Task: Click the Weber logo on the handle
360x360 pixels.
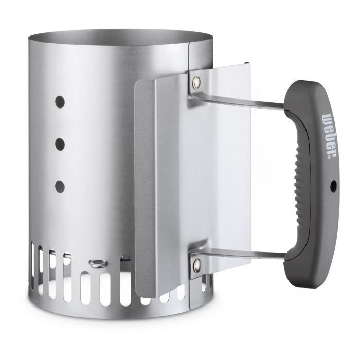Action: (330, 135)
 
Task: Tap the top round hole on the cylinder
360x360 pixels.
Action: (60, 102)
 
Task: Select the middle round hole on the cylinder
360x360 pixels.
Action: (60, 144)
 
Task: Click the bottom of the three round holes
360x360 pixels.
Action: (60, 186)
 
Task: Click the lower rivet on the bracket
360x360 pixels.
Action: (197, 265)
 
